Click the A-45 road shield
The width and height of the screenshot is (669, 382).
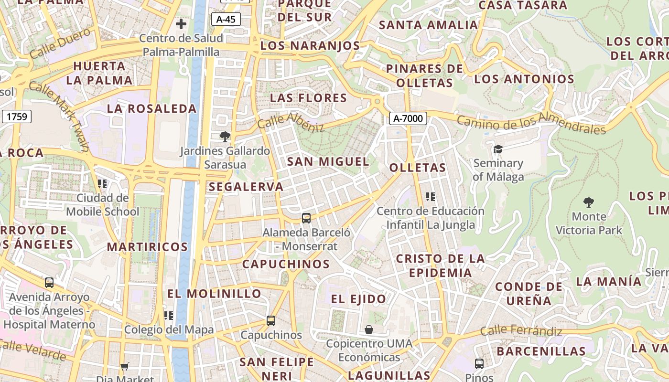coord(226,19)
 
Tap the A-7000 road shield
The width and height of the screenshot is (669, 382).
coord(408,118)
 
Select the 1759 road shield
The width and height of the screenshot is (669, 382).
coord(17,116)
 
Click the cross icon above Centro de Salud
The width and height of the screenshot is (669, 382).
coord(181,23)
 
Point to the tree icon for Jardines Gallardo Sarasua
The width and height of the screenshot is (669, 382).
coord(225,137)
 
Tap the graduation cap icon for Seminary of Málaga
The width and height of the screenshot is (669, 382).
coord(498,149)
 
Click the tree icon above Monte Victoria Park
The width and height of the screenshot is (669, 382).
coord(589,202)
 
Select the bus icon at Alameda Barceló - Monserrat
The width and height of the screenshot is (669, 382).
coord(306,218)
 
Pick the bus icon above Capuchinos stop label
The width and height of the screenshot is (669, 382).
coord(271,321)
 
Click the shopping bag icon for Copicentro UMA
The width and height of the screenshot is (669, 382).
coord(369,329)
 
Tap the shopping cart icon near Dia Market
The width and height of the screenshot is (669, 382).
coord(125,366)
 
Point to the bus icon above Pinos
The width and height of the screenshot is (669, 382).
coord(479,363)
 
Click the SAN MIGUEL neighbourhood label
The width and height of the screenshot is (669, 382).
coord(328,161)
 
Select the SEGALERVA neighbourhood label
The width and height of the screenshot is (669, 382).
coord(246,187)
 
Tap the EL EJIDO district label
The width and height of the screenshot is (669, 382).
coord(358,299)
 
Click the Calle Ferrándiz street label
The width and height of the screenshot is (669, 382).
coord(521,330)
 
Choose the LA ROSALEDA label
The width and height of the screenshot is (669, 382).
coord(151,108)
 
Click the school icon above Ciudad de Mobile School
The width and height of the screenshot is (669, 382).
coord(102,183)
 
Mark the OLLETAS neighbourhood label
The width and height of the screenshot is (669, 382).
coord(417,168)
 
